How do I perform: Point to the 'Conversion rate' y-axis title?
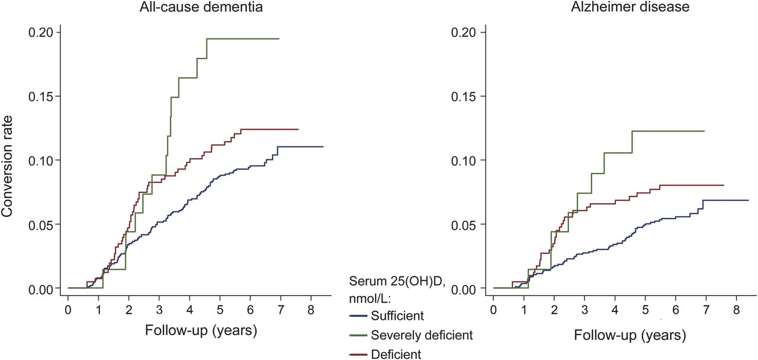pos(10,160)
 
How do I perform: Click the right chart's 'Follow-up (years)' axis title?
pos(629,336)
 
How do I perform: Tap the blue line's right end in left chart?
pos(323,146)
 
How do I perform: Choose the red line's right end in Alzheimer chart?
pos(724,185)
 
